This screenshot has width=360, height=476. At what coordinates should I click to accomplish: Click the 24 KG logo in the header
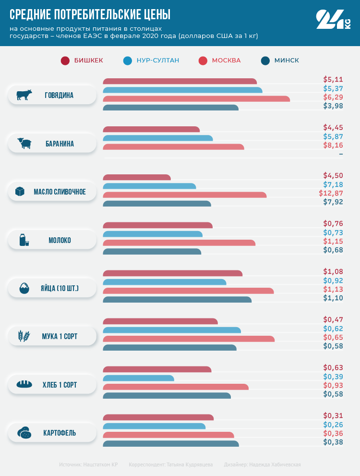pyautogui.click(x=333, y=20)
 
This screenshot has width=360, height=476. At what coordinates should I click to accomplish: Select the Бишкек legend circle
pyautogui.click(x=65, y=61)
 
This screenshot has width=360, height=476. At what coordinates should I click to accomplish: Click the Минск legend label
pyautogui.click(x=287, y=61)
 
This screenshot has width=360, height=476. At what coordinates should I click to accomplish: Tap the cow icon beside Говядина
pyautogui.click(x=24, y=95)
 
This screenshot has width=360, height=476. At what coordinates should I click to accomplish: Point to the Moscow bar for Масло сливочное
pyautogui.click(x=185, y=195)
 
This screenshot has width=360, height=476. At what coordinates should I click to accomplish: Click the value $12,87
pyautogui.click(x=331, y=193)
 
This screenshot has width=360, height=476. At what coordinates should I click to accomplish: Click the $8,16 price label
pyautogui.click(x=333, y=145)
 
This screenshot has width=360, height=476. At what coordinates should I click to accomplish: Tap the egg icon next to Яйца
pyautogui.click(x=24, y=289)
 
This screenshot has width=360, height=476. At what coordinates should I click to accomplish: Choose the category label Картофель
pyautogui.click(x=60, y=433)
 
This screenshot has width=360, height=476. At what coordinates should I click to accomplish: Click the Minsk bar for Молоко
pyautogui.click(x=152, y=252)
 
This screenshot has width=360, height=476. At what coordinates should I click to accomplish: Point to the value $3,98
pyautogui.click(x=333, y=106)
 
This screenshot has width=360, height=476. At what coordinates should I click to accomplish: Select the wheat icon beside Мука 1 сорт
pyautogui.click(x=24, y=336)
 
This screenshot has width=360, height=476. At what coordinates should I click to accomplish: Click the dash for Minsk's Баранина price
pyautogui.click(x=341, y=154)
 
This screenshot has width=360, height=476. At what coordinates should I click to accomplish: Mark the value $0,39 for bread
pyautogui.click(x=333, y=377)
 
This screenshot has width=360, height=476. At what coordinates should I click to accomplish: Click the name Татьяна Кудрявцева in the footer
pyautogui.click(x=190, y=464)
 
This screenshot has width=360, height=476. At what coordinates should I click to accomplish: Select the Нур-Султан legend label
pyautogui.click(x=158, y=61)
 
